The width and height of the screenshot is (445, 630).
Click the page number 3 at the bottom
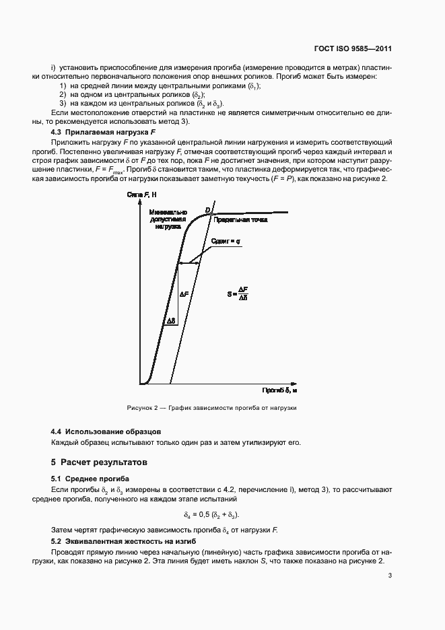[390, 575]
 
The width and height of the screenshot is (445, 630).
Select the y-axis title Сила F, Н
[141, 195]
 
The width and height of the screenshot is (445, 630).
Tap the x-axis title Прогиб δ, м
[280, 390]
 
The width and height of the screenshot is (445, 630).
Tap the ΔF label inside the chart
[184, 294]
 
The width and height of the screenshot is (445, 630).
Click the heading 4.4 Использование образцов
[106, 431]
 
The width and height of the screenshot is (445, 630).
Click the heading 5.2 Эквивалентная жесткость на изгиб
[123, 541]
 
